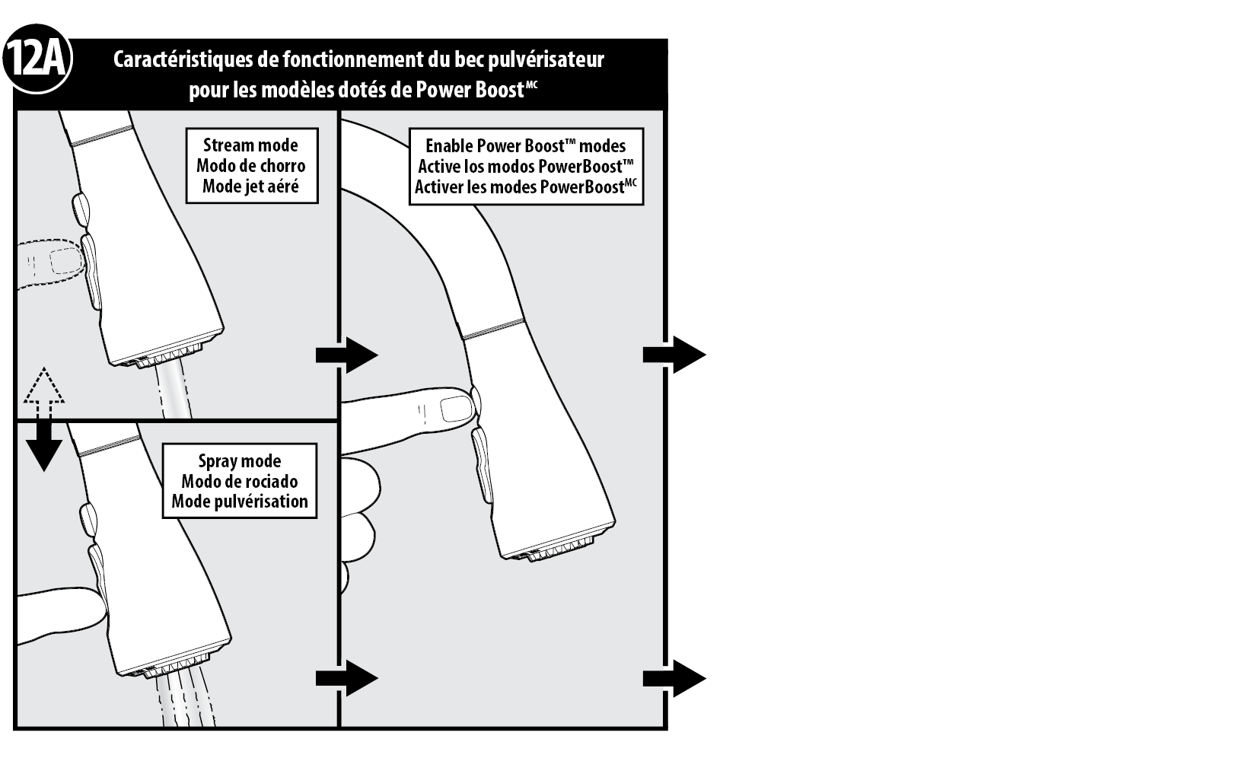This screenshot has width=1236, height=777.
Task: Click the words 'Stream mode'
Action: (250, 145)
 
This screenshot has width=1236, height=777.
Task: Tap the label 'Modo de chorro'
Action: (250, 166)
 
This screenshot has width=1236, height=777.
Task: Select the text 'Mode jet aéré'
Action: (250, 186)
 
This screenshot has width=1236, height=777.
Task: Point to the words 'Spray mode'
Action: (240, 461)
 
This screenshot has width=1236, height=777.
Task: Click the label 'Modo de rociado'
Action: (240, 481)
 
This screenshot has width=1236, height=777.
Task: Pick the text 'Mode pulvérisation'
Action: (240, 502)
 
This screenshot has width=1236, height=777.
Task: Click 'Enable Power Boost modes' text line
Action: (525, 146)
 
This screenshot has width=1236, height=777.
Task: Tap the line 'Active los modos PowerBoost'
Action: (525, 166)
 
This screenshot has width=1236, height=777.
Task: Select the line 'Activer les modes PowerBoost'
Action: (525, 186)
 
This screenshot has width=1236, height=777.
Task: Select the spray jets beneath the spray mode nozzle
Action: (183, 700)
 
